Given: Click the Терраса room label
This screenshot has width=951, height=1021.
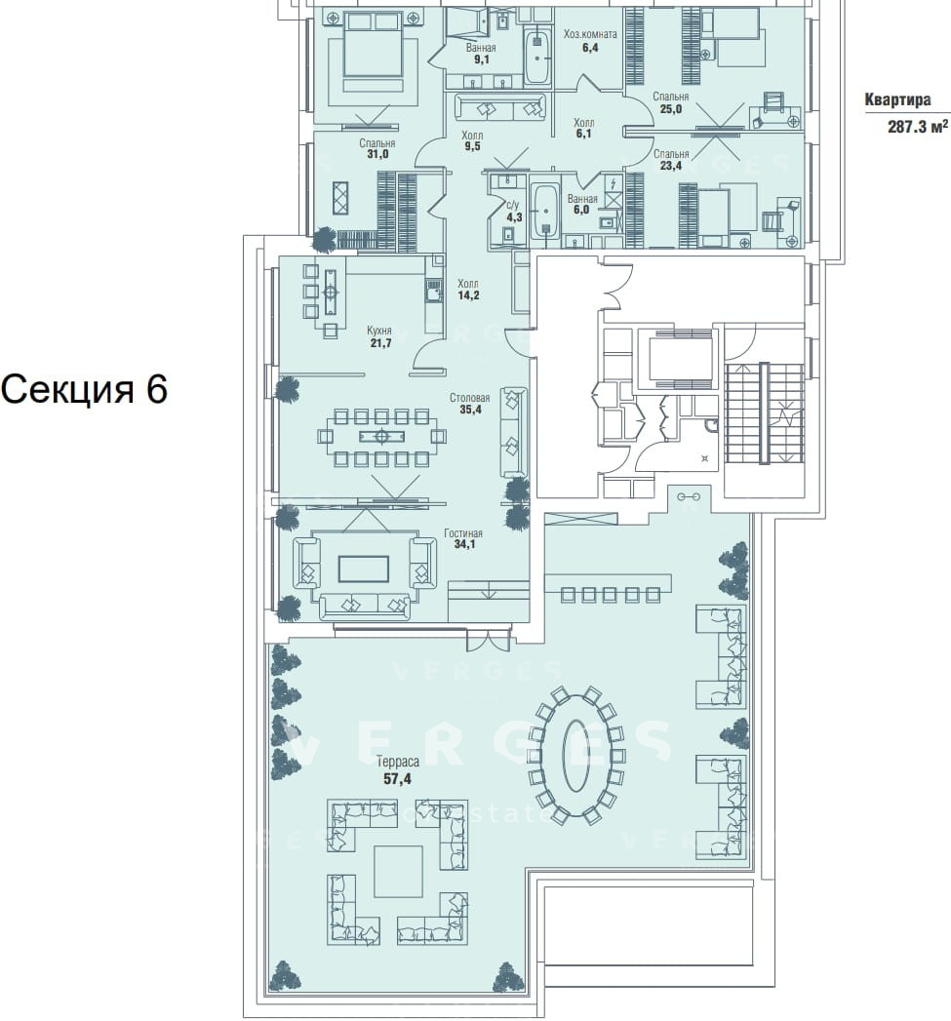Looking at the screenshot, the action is (x=397, y=762).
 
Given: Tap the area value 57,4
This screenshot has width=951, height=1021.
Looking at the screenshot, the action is (x=397, y=778).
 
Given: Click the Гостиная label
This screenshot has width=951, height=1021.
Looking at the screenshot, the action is (x=463, y=533).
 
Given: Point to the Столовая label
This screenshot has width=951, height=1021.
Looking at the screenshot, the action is (x=469, y=398).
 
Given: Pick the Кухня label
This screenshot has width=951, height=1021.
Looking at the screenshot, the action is (x=379, y=331).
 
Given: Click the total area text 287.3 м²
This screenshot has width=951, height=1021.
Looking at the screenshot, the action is (x=917, y=127).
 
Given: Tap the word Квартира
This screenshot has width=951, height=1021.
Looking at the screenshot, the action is (x=897, y=99).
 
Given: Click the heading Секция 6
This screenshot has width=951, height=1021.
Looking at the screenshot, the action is (x=84, y=389).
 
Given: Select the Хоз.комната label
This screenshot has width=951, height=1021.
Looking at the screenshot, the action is (x=590, y=34).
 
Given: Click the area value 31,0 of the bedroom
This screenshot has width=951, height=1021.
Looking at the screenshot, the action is (x=377, y=154).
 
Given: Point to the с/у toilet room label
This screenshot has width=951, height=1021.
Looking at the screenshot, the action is (x=514, y=206).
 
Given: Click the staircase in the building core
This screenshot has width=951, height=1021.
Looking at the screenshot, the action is (x=764, y=412).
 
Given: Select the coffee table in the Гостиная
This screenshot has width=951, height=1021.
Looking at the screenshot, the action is (x=364, y=569).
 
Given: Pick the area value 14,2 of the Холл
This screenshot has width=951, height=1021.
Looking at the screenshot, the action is (x=468, y=295).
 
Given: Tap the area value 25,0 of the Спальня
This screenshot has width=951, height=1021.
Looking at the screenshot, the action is (x=671, y=109).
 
